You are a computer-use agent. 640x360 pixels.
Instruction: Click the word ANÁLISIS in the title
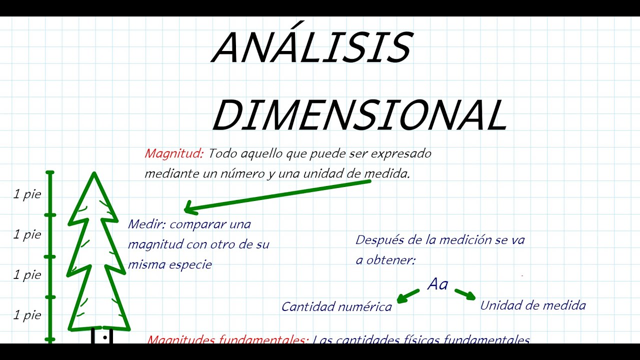pyautogui.click(x=312, y=48)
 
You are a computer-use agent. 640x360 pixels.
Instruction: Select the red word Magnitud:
pyautogui.click(x=174, y=153)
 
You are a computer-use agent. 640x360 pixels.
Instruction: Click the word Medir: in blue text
pyautogui.click(x=146, y=224)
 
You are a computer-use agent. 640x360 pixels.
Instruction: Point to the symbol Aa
pyautogui.click(x=438, y=284)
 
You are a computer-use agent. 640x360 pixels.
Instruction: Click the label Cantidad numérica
pyautogui.click(x=336, y=306)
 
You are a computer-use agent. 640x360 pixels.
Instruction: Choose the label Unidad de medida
pyautogui.click(x=532, y=305)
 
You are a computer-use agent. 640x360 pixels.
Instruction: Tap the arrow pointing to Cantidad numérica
pyautogui.click(x=408, y=295)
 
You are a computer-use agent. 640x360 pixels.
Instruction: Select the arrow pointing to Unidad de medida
pyautogui.click(x=465, y=294)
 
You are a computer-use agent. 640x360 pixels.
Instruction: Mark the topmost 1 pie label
pyautogui.click(x=27, y=194)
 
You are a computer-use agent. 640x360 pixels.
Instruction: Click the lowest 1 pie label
pyautogui.click(x=27, y=315)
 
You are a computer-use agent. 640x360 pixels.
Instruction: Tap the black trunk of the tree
pyautogui.click(x=102, y=336)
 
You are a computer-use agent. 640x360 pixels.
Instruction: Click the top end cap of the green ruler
pyautogui.click(x=50, y=173)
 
